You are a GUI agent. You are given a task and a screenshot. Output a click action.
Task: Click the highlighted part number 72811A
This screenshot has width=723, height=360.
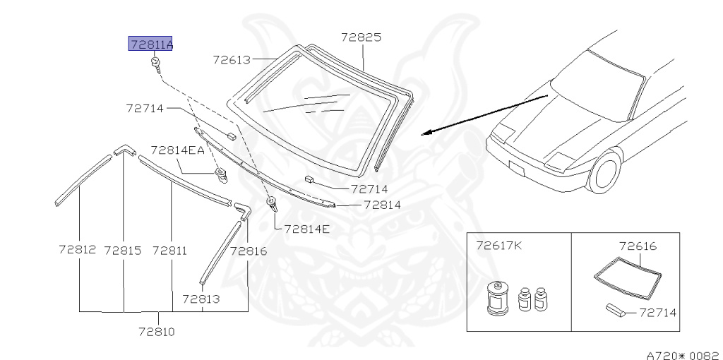150,44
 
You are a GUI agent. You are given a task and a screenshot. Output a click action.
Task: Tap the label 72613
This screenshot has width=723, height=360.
232,59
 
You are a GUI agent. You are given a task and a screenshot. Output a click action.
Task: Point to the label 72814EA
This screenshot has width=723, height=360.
177,150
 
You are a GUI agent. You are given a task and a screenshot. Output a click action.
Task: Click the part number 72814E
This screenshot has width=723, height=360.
306,229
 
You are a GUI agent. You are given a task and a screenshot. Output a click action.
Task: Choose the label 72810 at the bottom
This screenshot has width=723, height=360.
156,331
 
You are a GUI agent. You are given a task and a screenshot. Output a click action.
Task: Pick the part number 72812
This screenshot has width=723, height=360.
78,250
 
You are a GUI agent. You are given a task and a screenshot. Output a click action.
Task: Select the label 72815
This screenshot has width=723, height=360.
123,250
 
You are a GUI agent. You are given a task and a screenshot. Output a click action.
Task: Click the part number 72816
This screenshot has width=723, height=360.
248,250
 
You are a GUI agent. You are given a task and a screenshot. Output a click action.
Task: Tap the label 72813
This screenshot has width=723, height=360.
201,299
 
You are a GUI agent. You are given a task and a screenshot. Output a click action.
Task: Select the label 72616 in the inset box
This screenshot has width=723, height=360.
638,246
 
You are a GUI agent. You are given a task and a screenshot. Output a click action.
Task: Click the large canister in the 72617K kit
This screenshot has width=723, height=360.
499,299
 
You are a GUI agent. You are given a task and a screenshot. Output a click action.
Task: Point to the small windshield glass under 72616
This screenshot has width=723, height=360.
628,277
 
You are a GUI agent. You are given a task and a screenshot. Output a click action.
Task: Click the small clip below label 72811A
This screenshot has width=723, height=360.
155,66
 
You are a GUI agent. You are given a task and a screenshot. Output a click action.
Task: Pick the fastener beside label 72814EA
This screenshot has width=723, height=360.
221,173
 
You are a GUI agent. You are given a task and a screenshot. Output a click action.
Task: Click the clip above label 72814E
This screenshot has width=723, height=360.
272,205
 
